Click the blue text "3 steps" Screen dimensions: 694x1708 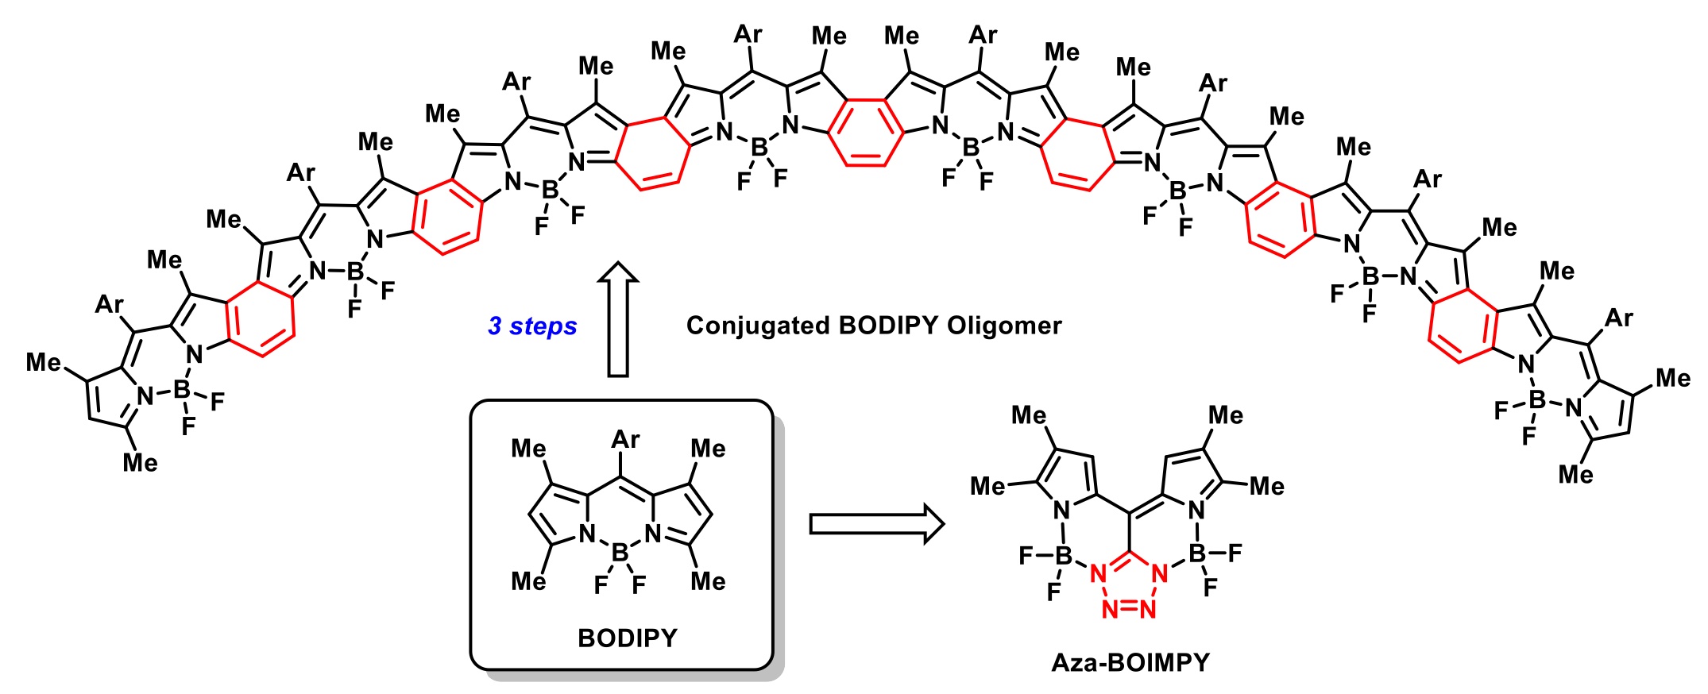point(531,326)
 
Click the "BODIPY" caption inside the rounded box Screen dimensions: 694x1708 point(627,638)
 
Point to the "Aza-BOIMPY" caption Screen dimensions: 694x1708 point(1130,662)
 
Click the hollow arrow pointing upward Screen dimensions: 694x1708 point(618,318)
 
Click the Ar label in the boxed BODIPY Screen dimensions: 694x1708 point(625,439)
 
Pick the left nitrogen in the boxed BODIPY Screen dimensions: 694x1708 point(587,534)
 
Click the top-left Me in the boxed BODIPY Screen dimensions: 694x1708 point(528,449)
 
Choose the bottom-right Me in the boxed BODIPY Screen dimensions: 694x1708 point(708,581)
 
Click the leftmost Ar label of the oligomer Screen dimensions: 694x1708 point(110,305)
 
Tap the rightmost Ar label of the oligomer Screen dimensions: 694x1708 point(1618,318)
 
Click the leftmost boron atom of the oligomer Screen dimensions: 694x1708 point(182,390)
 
